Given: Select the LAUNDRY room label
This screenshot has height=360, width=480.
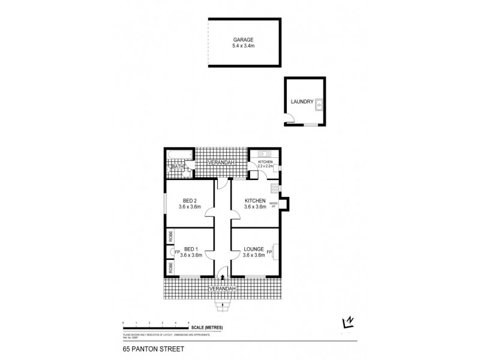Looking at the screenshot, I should [302, 102].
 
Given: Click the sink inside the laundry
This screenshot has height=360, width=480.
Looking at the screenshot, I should [320, 103].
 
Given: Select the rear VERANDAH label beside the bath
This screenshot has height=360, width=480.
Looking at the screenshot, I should [220, 163].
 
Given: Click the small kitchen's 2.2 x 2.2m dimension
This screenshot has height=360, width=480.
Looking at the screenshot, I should [265, 167].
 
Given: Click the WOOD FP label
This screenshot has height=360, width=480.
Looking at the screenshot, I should [274, 206].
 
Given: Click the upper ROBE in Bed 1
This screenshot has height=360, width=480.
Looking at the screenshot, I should [170, 238].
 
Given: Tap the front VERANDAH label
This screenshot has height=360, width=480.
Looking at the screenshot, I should [222, 289].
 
